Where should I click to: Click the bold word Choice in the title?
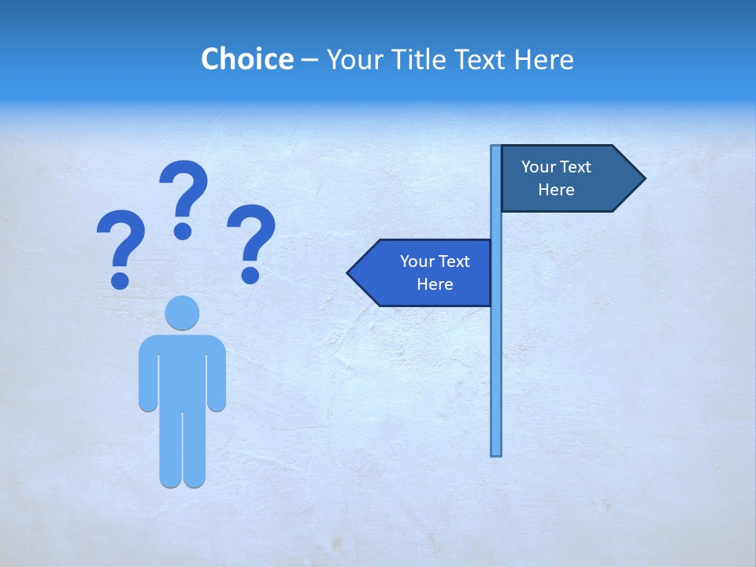246,59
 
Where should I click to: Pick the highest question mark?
183,197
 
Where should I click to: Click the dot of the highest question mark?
183,231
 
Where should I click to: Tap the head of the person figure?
182,313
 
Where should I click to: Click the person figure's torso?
182,370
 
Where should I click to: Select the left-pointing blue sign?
425,273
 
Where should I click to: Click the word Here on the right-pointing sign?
556,190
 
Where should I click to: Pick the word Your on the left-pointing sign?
417,261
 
